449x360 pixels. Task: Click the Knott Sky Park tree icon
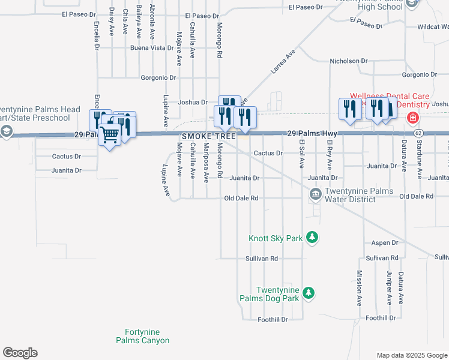point(312,238)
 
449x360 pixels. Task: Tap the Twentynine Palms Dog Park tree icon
point(308,293)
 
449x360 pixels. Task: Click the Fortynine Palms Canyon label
point(142,336)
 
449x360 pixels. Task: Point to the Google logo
point(20,353)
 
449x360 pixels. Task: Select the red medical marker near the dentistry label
point(413,117)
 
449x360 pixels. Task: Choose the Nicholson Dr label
point(348,61)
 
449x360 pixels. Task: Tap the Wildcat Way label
point(433,27)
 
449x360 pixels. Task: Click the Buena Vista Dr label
point(152,47)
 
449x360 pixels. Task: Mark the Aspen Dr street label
point(385,243)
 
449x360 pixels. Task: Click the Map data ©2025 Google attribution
point(411,355)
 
